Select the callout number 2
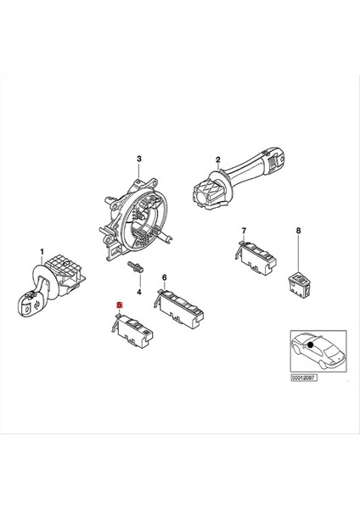(217, 160)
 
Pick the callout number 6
(164, 277)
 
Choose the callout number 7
(244, 231)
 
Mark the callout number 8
(298, 231)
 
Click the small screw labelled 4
(135, 270)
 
